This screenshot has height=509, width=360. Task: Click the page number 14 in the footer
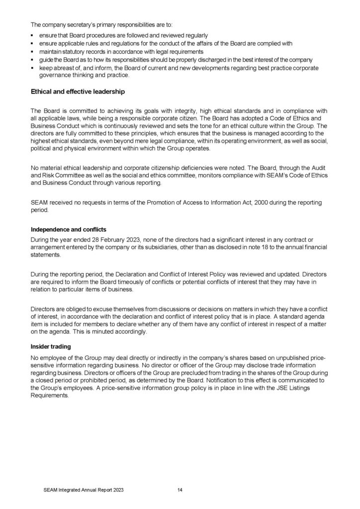(x=180, y=490)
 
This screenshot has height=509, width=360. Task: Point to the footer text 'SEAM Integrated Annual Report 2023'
(x=84, y=490)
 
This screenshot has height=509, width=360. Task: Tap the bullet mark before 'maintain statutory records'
(x=32, y=52)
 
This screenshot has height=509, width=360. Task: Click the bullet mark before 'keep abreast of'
(x=32, y=68)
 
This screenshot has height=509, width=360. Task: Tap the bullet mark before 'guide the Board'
(x=32, y=60)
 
